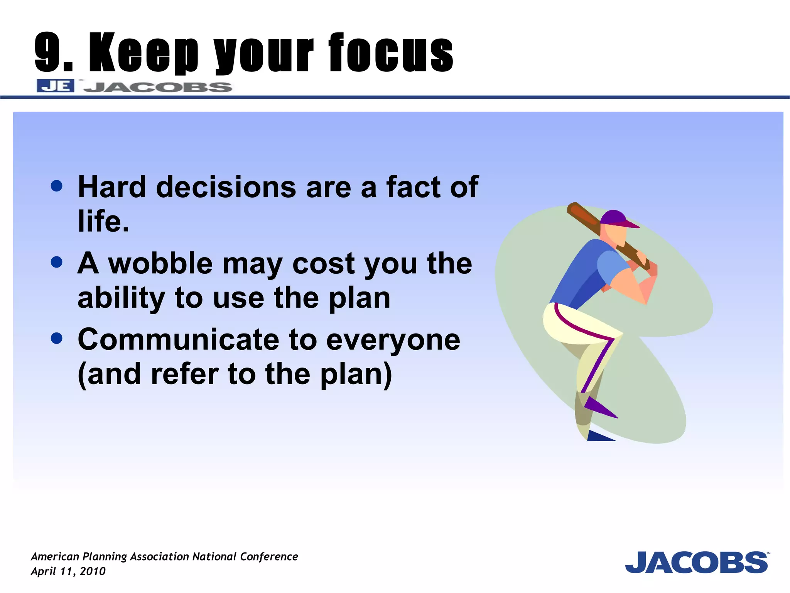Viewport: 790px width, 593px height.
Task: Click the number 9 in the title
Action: click(x=48, y=52)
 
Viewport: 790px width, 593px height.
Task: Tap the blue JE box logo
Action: click(x=55, y=86)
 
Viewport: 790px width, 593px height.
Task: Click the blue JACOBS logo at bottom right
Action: click(x=696, y=563)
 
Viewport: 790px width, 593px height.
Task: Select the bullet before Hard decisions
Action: click(x=57, y=186)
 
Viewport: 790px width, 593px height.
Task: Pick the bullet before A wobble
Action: click(x=57, y=263)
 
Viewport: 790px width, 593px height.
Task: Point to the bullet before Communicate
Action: click(x=57, y=339)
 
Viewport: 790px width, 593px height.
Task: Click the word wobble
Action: click(x=160, y=264)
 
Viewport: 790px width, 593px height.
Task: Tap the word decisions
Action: click(x=226, y=187)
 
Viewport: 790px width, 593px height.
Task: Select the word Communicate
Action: click(x=178, y=340)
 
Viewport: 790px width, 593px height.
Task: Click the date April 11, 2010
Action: click(x=68, y=571)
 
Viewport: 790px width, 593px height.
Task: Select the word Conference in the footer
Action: click(x=269, y=556)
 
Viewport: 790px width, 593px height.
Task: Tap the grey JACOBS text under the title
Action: click(x=158, y=87)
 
